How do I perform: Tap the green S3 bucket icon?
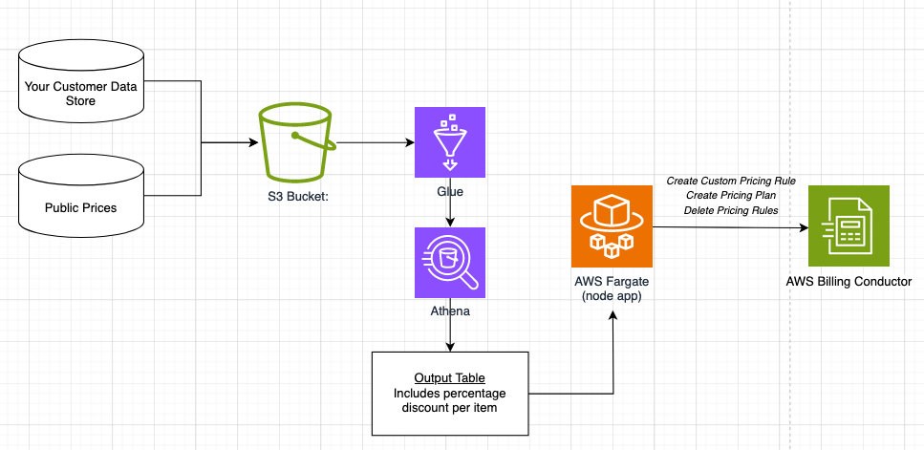297,143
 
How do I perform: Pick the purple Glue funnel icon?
450,142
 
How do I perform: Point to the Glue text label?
450,191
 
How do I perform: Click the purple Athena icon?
450,262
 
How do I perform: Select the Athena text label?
450,311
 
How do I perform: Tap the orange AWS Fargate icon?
611,225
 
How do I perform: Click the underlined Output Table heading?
449,377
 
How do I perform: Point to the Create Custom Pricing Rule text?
731,181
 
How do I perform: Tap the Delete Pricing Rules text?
731,210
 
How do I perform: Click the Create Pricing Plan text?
731,195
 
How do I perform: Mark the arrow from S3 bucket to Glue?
375,143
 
